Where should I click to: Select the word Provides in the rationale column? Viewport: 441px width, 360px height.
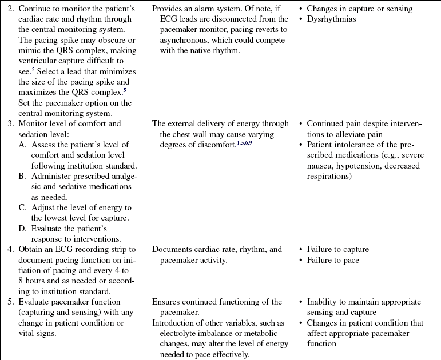point(169,9)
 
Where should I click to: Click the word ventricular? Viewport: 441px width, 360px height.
point(41,61)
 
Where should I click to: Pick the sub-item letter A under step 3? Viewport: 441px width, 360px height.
point(23,145)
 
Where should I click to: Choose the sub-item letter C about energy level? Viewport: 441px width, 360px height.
point(23,208)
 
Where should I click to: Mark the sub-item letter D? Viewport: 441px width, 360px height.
point(23,229)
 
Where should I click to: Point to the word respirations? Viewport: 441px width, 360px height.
point(329,176)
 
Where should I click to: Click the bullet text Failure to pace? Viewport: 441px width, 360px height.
point(333,261)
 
